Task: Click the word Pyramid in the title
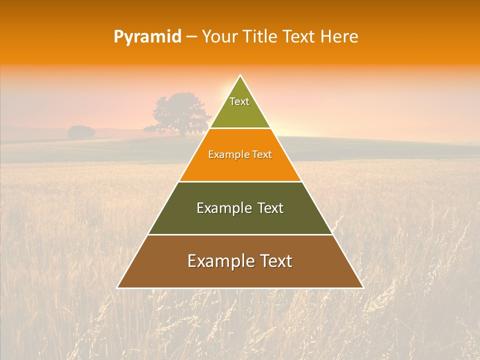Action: point(147,37)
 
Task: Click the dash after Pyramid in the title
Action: point(191,37)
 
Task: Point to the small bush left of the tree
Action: point(81,132)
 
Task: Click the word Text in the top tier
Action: point(239,101)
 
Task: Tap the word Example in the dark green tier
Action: point(224,208)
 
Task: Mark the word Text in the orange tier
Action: point(262,155)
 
